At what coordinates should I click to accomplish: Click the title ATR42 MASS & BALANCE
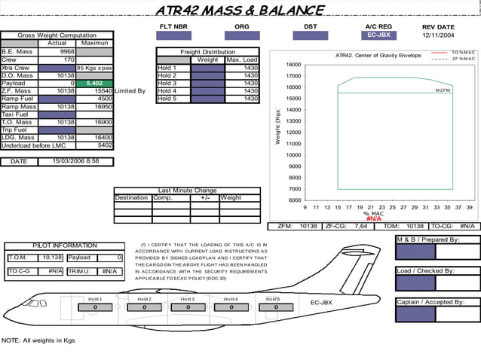click(240, 10)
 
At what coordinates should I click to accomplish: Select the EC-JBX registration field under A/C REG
click(379, 35)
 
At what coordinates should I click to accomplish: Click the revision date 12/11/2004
click(439, 35)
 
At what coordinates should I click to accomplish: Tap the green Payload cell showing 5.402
click(95, 83)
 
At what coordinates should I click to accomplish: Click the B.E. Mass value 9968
click(66, 52)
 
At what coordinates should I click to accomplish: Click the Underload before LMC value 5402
click(104, 145)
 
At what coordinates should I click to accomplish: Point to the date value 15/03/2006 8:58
click(75, 161)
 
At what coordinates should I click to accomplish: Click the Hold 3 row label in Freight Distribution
click(167, 83)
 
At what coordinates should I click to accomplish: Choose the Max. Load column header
click(241, 59)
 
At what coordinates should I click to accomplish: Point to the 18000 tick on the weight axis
click(294, 65)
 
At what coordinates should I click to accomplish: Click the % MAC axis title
click(373, 214)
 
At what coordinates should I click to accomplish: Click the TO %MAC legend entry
click(463, 52)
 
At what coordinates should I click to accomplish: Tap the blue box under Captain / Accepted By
click(415, 314)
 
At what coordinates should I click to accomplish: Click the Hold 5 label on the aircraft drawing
click(273, 299)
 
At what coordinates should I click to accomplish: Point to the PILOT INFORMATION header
click(64, 246)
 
